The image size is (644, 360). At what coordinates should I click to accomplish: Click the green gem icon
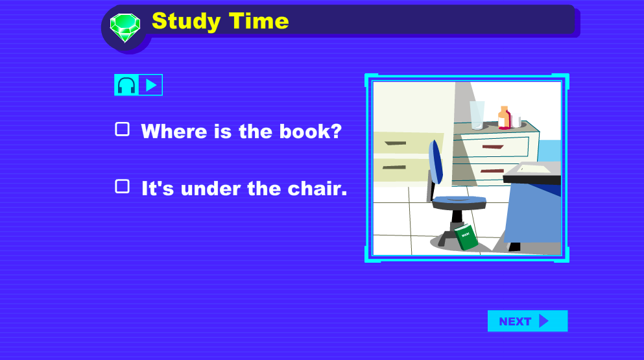125,27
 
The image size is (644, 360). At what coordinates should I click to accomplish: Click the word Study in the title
186,21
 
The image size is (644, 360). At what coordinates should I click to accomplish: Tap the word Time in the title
259,21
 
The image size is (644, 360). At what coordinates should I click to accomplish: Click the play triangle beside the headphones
151,85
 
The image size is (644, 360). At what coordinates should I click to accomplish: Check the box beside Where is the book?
122,129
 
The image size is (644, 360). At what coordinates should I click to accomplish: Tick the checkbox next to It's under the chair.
122,186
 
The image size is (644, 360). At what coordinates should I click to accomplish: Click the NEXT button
527,321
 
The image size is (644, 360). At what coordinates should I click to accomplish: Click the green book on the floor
466,237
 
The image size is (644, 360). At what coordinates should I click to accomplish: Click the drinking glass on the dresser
477,115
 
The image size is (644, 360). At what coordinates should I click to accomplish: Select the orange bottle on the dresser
504,117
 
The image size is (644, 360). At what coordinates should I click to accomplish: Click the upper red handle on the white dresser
493,147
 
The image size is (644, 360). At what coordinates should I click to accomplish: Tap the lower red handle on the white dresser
492,171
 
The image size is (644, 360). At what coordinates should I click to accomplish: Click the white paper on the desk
534,169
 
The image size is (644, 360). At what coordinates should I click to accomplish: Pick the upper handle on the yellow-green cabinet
396,143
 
